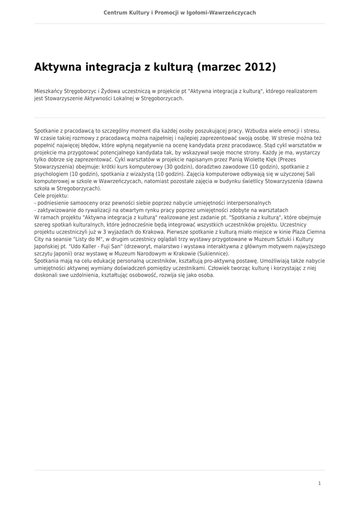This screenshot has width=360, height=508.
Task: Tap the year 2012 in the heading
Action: click(x=258, y=67)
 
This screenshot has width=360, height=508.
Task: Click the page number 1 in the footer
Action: click(x=319, y=483)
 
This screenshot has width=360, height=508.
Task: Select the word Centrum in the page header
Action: click(x=115, y=12)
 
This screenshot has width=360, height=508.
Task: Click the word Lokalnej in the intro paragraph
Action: click(x=116, y=98)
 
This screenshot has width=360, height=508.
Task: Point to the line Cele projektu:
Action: click(x=51, y=196)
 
